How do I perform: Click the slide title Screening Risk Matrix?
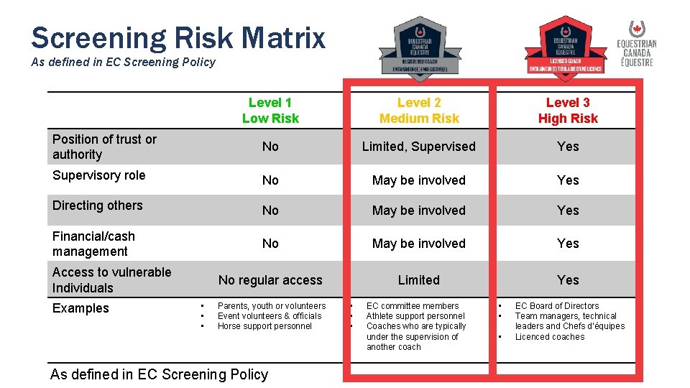click(178, 37)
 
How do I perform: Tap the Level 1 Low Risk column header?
click(270, 111)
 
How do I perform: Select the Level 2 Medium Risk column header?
click(419, 111)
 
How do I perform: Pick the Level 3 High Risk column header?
click(568, 111)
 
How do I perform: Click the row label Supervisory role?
click(98, 175)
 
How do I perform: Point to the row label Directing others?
click(97, 205)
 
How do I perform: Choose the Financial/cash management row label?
click(93, 244)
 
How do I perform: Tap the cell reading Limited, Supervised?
click(418, 147)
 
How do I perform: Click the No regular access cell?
click(270, 280)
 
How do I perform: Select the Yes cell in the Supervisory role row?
click(568, 180)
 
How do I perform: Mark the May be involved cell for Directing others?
click(418, 211)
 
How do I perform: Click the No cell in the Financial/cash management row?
click(270, 244)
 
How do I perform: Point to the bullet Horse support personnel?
click(264, 326)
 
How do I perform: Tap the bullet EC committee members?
click(413, 306)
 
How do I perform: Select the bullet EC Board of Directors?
click(557, 306)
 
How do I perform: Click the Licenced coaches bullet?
click(550, 336)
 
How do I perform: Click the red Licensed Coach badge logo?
click(563, 45)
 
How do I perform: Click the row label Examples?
click(80, 308)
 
